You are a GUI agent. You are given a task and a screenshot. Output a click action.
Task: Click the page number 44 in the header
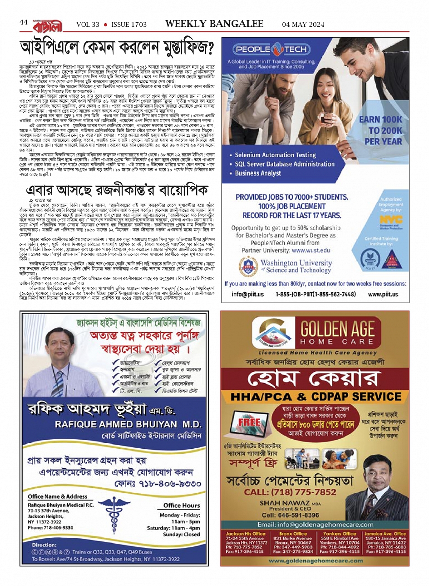click(24, 23)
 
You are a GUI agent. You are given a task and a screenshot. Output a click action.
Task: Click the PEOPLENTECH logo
click(271, 50)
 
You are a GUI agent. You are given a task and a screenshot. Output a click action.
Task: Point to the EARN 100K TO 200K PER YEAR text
click(380, 130)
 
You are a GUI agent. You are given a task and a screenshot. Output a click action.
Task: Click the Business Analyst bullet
click(258, 173)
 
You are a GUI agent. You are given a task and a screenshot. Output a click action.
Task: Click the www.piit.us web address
click(383, 294)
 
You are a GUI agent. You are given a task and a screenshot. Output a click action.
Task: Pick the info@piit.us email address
click(247, 294)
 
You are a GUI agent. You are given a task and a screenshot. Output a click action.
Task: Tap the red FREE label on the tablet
click(249, 421)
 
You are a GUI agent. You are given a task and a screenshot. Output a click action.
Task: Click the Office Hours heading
click(182, 505)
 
